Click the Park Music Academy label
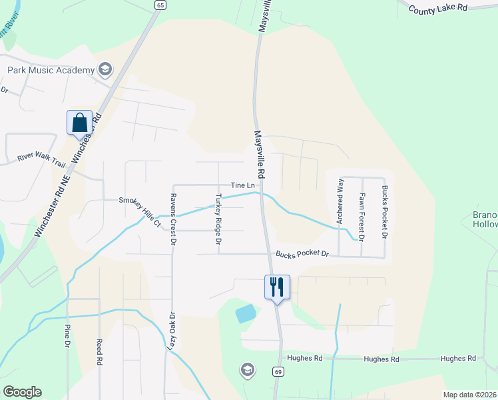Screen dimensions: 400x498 50,69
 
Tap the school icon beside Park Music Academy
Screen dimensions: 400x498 105,69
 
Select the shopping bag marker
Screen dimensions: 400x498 79,123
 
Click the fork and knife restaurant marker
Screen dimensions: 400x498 277,287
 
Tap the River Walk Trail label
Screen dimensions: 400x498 42,158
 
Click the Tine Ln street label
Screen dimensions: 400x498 243,185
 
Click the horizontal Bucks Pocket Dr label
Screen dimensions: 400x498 303,254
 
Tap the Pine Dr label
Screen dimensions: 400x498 67,335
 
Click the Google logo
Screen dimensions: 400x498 23,392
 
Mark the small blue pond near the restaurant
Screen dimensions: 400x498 246,313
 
